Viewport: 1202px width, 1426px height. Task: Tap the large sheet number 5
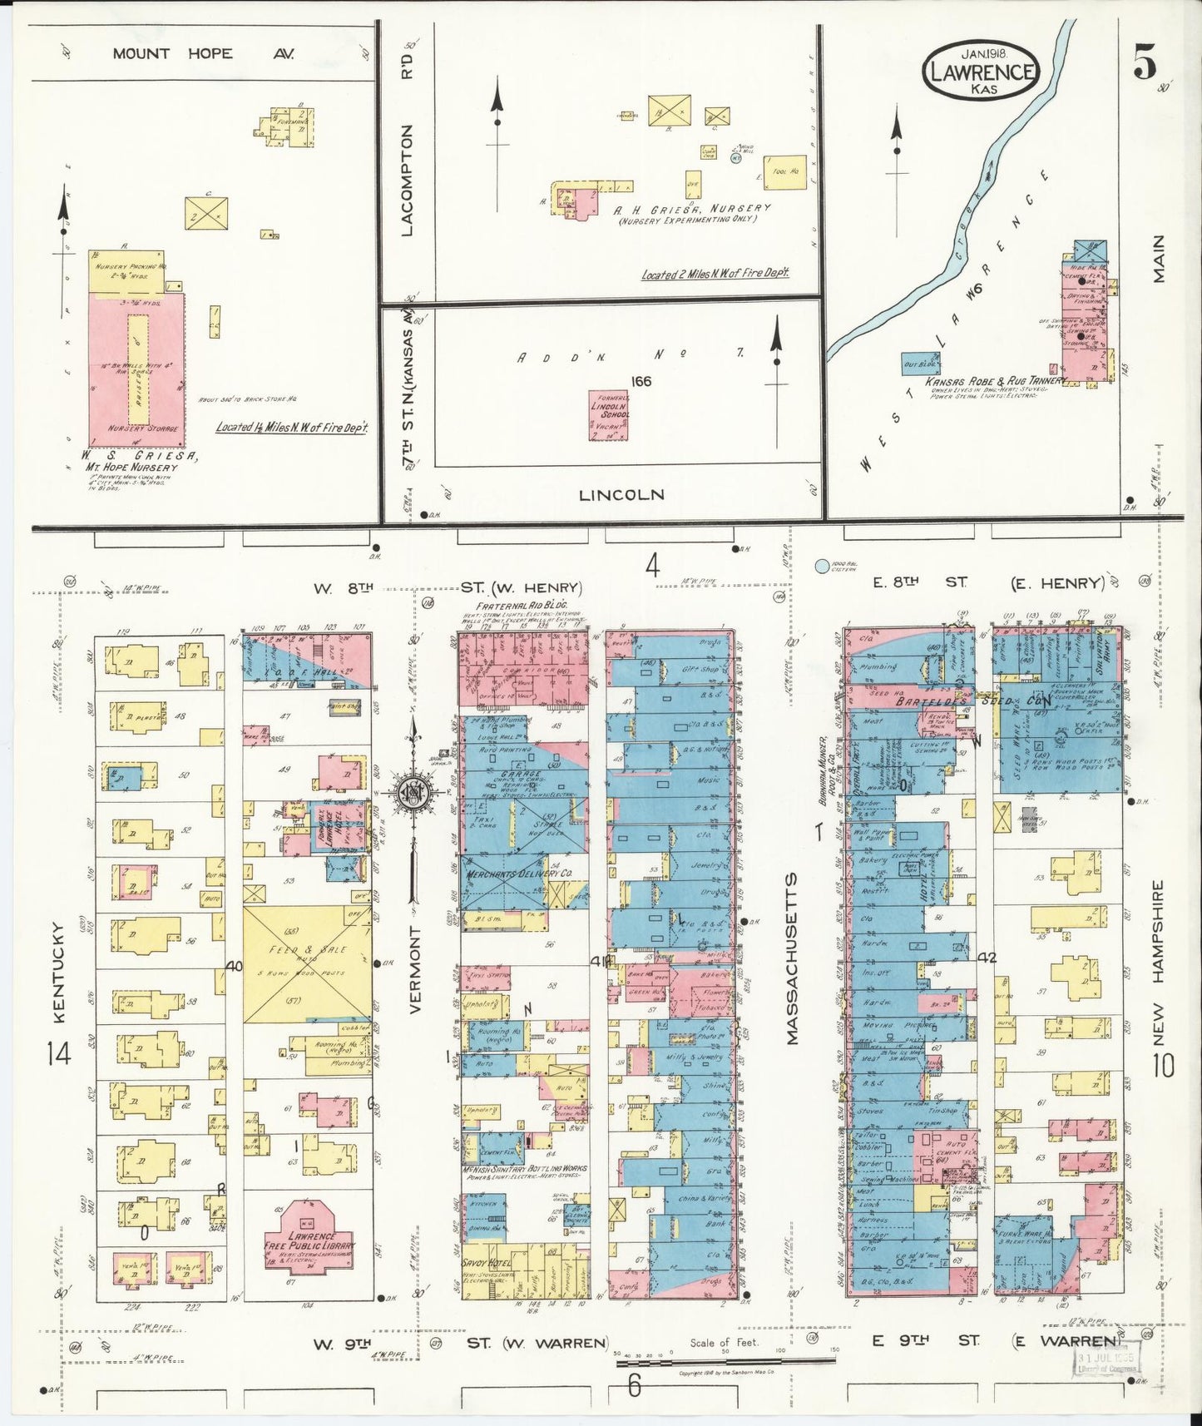tap(1145, 63)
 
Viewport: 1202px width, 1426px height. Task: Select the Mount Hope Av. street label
tap(203, 53)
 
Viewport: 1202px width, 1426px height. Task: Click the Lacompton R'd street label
tap(407, 179)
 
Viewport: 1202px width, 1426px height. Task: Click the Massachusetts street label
tap(791, 958)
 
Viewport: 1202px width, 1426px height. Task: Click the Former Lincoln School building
tap(608, 415)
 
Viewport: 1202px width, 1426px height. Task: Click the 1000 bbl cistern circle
tap(822, 567)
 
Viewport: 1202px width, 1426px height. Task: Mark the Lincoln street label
tap(621, 495)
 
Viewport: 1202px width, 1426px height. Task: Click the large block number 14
tap(59, 1055)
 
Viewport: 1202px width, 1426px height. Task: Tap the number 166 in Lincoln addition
tap(641, 382)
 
